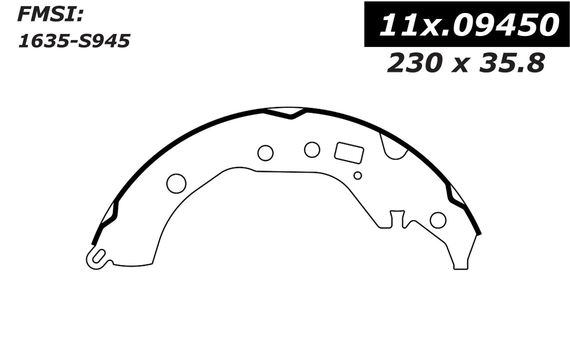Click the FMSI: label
click(x=50, y=15)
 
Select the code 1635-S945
click(x=73, y=41)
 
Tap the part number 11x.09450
click(x=468, y=24)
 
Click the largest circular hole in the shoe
click(x=176, y=183)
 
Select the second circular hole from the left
click(x=265, y=153)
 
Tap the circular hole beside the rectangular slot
click(x=312, y=149)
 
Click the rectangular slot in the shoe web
click(x=348, y=152)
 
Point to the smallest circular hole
click(x=357, y=175)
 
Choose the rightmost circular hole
click(x=438, y=220)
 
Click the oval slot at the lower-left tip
click(x=98, y=257)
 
